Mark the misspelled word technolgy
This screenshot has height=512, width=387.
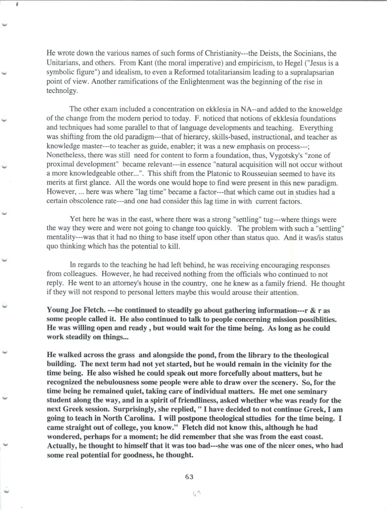pyautogui.click(x=62, y=91)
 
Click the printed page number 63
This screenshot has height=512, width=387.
pyautogui.click(x=189, y=477)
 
